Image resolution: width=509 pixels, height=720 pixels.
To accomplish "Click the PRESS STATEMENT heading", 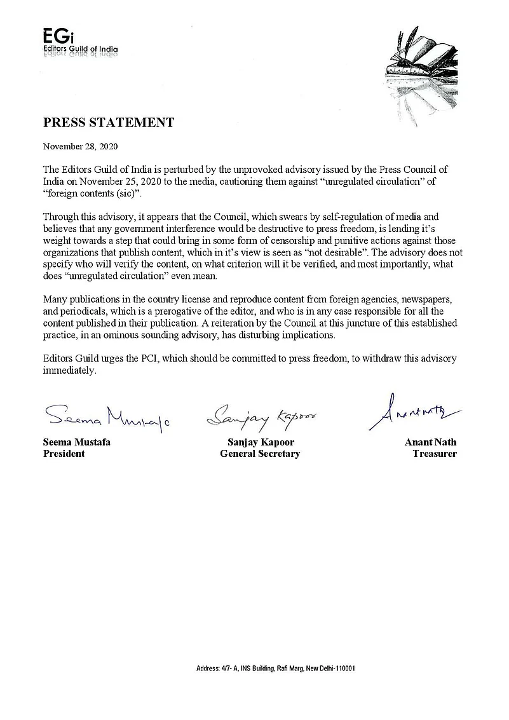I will click(x=108, y=123).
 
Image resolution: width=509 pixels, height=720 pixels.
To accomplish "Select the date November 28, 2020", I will click(x=80, y=146).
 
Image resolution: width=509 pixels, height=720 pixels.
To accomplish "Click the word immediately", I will click(x=69, y=370).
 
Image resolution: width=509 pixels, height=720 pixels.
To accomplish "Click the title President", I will click(x=64, y=454).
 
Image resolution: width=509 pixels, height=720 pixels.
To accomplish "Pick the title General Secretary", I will click(x=260, y=454).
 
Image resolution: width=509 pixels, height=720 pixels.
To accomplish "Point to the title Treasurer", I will click(x=434, y=454).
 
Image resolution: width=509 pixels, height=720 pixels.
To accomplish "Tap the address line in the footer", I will click(x=275, y=669).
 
